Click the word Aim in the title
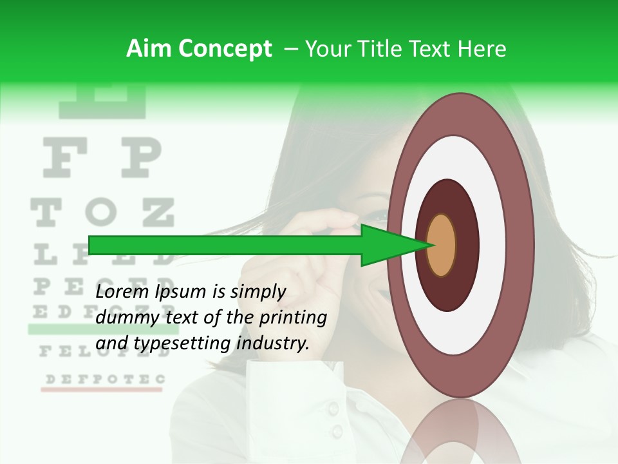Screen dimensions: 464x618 pos(149,49)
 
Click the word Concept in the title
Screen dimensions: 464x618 pos(225,49)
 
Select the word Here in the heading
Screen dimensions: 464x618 pos(482,49)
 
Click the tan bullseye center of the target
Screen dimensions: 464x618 pos(442,245)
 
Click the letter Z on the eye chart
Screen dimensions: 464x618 pos(157,213)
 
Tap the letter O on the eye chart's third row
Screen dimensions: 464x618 pos(101,213)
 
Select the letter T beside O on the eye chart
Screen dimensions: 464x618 pos(46,213)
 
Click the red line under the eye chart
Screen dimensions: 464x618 pos(103,390)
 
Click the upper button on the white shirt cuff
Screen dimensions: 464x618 pos(332,407)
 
